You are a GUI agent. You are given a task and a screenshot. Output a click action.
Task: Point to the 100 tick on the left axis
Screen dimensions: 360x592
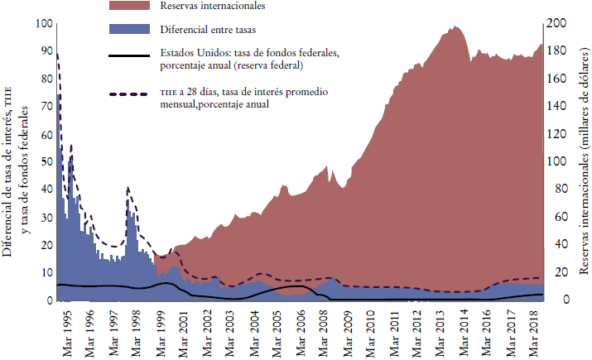pos(41,23)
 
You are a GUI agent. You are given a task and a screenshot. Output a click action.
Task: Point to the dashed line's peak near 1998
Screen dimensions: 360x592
pos(128,189)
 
